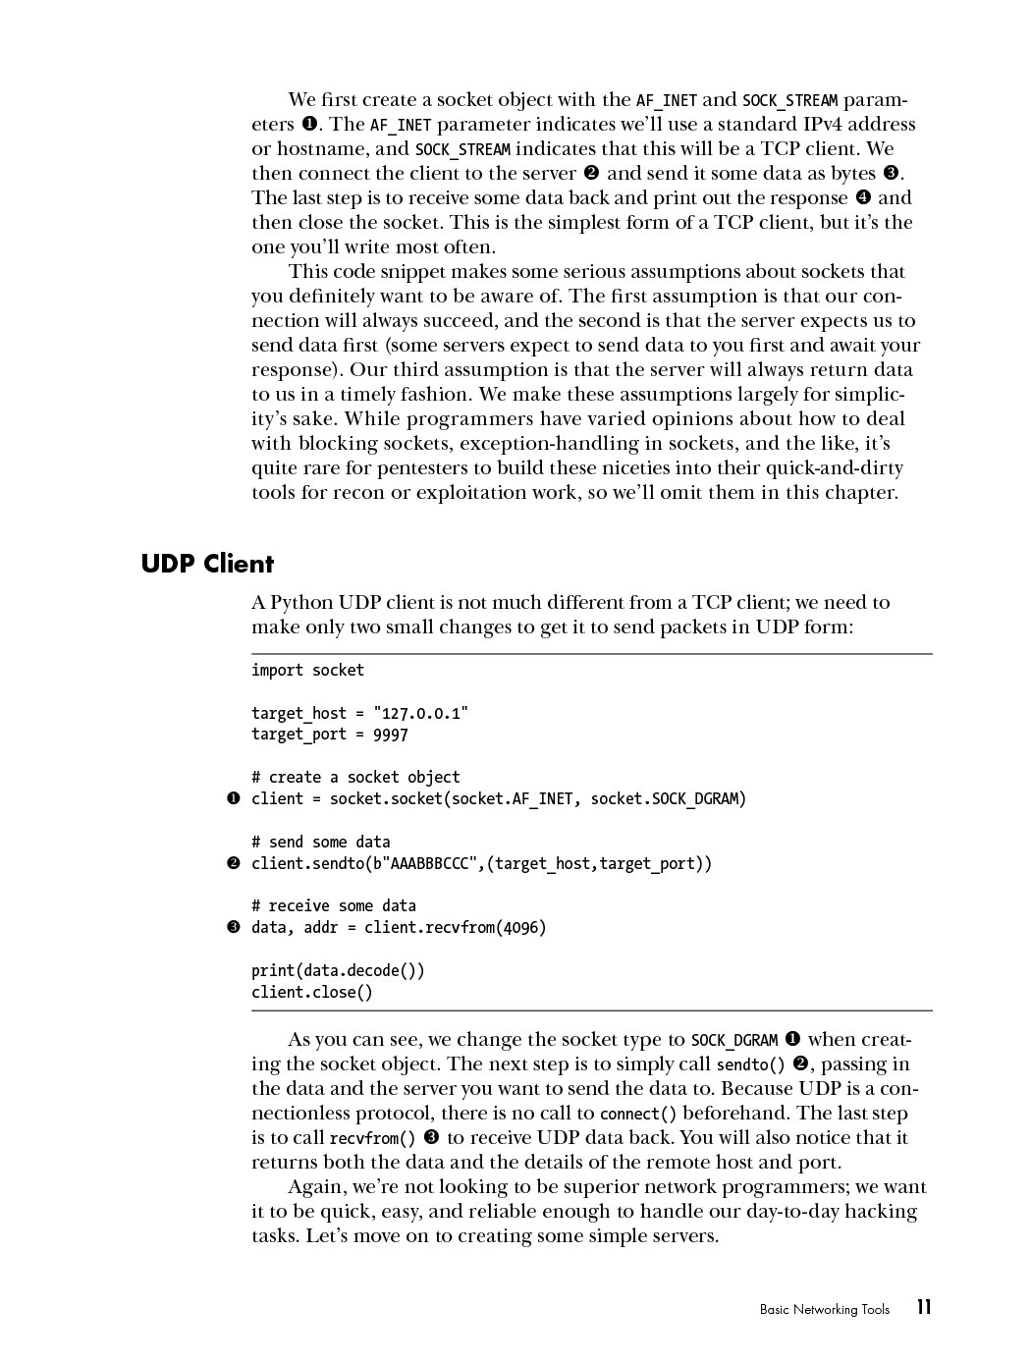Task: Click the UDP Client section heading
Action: [207, 564]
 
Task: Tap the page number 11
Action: [923, 1307]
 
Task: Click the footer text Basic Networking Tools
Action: [824, 1309]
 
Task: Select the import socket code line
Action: [307, 670]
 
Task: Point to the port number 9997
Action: [391, 735]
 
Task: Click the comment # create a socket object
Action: [355, 777]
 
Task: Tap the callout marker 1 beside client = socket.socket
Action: [234, 798]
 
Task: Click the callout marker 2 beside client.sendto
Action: [234, 863]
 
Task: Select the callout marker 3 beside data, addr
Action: [234, 927]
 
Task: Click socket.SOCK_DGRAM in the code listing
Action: [669, 798]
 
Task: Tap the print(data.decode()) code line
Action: [338, 970]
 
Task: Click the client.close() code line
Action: [312, 992]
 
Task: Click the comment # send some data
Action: [320, 842]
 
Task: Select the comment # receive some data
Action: [333, 905]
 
